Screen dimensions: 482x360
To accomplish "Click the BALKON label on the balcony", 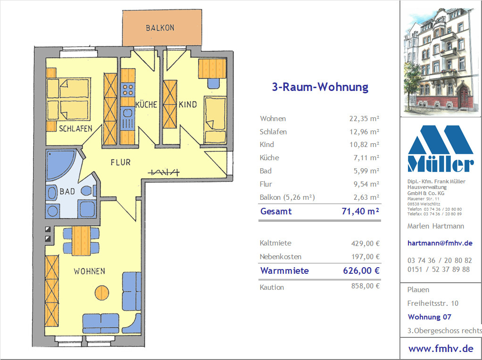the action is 160,28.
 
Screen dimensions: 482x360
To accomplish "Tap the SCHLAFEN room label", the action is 75,128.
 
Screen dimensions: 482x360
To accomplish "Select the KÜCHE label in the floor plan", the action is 146,105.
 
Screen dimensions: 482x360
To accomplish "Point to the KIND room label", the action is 188,105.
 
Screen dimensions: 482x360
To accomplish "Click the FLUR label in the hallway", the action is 121,162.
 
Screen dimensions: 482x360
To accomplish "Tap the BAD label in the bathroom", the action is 67,191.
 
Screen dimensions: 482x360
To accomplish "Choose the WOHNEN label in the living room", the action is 89,271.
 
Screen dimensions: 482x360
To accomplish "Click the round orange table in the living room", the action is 102,293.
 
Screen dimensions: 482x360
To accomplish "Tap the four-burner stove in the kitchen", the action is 127,90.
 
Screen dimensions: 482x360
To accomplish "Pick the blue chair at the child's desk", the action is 213,83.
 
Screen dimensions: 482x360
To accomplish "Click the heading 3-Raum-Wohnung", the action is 320,87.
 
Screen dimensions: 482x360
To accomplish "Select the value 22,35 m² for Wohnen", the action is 364,119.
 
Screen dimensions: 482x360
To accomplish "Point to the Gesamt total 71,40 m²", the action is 360,211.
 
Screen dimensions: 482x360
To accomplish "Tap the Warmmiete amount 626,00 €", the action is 361,270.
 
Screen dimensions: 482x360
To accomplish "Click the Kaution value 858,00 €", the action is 366,286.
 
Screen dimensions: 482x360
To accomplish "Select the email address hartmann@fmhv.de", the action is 440,243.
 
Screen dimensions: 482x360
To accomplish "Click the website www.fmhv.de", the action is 441,349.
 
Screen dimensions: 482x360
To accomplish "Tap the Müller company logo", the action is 440,149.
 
